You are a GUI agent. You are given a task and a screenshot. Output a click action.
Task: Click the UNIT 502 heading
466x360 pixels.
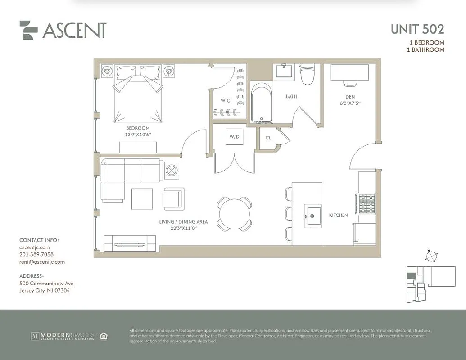click(417, 29)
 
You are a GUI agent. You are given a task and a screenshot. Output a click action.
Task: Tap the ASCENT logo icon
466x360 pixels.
click(28, 30)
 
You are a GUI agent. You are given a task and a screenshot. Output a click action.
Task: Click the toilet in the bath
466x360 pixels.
click(308, 75)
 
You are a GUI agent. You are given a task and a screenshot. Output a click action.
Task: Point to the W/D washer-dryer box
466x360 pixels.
click(235, 136)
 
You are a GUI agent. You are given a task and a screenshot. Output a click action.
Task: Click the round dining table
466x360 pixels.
click(234, 213)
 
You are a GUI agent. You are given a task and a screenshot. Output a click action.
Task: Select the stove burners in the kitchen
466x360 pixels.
click(366, 204)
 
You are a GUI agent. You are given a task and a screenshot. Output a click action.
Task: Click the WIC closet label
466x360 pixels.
click(226, 101)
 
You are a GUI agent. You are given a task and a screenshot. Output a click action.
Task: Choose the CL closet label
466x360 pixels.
click(268, 138)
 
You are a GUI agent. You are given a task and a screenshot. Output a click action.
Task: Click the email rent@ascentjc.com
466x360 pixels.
click(42, 262)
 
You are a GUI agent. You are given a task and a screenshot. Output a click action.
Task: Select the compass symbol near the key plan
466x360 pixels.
click(431, 256)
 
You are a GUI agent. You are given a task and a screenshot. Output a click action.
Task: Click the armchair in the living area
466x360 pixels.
click(173, 198)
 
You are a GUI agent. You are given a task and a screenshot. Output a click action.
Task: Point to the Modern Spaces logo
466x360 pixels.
click(63, 336)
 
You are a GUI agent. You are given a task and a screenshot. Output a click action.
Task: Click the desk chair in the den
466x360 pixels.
click(350, 83)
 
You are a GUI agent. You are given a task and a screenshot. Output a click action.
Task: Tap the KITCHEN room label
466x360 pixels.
click(338, 216)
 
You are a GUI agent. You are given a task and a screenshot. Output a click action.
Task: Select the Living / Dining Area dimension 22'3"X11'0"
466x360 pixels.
click(183, 229)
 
